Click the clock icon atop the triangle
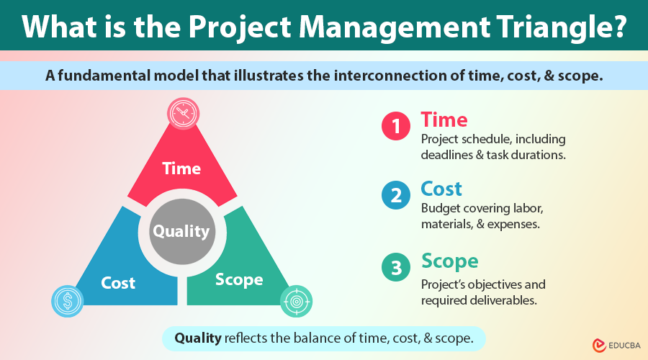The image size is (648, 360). point(182,114)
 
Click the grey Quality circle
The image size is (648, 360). point(181,231)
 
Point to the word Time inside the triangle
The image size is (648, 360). point(181,168)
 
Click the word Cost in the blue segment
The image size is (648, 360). point(118,283)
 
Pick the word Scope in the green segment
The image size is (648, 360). point(239,279)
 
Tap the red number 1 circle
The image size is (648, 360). point(395,127)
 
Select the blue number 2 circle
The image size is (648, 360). point(395,197)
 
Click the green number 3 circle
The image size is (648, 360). point(395,268)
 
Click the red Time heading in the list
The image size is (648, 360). point(444,120)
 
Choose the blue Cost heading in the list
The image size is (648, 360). point(442,189)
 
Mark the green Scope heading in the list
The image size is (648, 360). point(449,260)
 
